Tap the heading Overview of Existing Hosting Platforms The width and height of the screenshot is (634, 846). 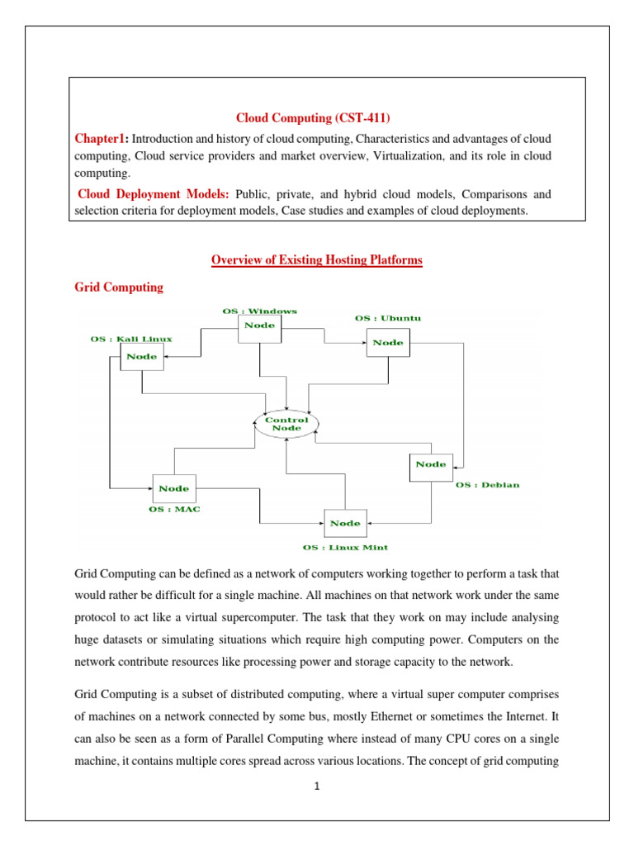pyautogui.click(x=317, y=260)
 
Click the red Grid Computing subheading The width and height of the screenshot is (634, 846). pyautogui.click(x=119, y=288)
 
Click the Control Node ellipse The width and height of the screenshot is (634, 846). pyautogui.click(x=286, y=424)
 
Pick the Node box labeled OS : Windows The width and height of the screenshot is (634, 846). pyautogui.click(x=259, y=326)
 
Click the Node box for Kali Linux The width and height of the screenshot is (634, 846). pyautogui.click(x=142, y=356)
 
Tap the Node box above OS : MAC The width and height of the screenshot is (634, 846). pyautogui.click(x=173, y=488)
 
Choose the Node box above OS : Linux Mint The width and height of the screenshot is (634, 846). pyautogui.click(x=345, y=523)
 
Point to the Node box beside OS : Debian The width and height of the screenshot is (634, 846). pyautogui.click(x=431, y=464)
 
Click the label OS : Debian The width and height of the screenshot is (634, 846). pyautogui.click(x=488, y=485)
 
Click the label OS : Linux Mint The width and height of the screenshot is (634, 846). pyautogui.click(x=345, y=547)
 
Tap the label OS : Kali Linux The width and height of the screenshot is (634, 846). pyautogui.click(x=131, y=339)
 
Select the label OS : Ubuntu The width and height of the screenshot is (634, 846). pyautogui.click(x=387, y=317)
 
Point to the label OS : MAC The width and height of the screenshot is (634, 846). pyautogui.click(x=172, y=510)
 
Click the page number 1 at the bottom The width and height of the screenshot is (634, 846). pyautogui.click(x=316, y=786)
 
